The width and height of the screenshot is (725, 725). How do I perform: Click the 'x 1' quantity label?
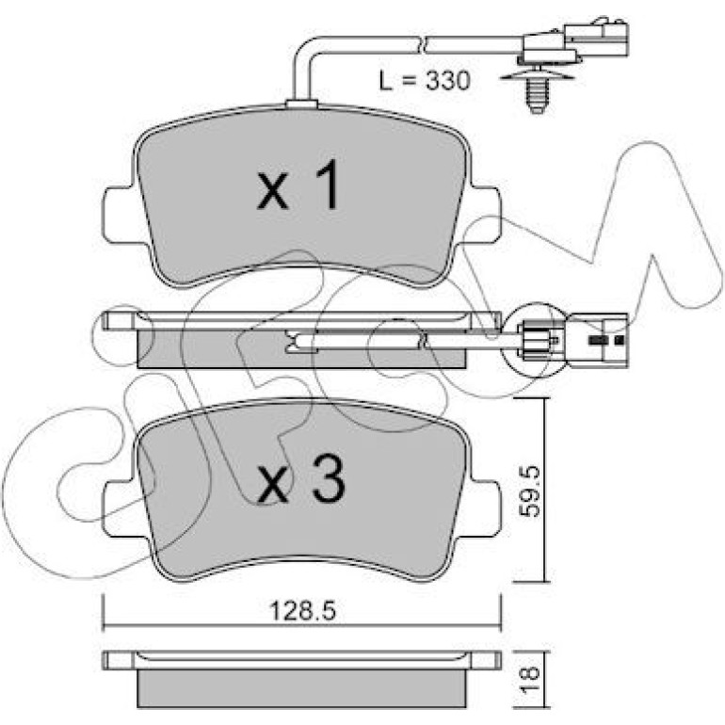click(300, 185)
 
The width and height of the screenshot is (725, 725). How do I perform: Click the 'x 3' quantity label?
click(301, 480)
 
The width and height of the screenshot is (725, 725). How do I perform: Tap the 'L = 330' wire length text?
click(425, 80)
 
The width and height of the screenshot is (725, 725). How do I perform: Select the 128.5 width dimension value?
click(303, 611)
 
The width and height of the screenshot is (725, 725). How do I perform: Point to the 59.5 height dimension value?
click(528, 491)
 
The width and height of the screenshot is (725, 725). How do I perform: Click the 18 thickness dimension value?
click(529, 679)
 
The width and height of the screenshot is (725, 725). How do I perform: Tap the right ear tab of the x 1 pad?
click(486, 215)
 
